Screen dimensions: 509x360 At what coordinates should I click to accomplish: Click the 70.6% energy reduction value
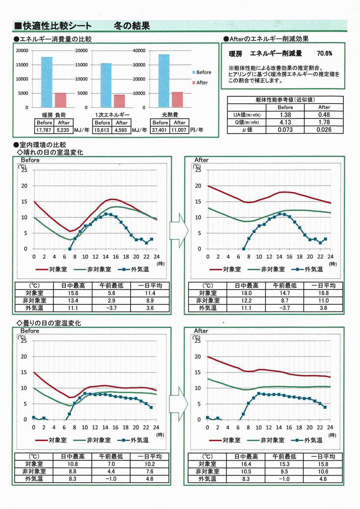pyautogui.click(x=324, y=54)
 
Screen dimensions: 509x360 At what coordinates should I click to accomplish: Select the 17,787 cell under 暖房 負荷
pyautogui.click(x=44, y=130)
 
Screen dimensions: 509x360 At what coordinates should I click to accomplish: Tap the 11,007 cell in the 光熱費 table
pyautogui.click(x=179, y=130)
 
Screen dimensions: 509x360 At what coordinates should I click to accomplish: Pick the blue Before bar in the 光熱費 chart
pyautogui.click(x=164, y=81)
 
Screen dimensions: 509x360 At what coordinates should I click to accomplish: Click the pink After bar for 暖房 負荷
pyautogui.click(x=60, y=100)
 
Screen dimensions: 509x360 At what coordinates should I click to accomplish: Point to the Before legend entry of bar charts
pyautogui.click(x=202, y=72)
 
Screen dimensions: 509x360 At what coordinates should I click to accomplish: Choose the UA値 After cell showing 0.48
pyautogui.click(x=324, y=115)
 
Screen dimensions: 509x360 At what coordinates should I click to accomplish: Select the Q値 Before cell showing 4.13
pyautogui.click(x=285, y=122)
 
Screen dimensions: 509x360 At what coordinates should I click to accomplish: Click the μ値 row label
pyautogui.click(x=247, y=130)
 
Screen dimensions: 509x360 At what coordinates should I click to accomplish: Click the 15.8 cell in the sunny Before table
pyautogui.click(x=73, y=293)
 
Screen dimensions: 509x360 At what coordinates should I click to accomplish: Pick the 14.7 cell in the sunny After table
pyautogui.click(x=285, y=293)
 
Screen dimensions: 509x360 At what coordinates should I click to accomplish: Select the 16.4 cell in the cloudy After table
pyautogui.click(x=246, y=464)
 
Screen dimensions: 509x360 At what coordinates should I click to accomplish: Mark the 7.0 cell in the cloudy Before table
pyautogui.click(x=111, y=464)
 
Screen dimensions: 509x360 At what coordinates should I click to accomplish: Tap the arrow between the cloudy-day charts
pyautogui.click(x=178, y=404)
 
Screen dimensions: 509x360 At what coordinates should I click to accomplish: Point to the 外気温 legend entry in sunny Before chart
pyautogui.click(x=133, y=269)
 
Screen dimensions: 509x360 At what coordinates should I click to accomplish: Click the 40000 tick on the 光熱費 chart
pyautogui.click(x=139, y=51)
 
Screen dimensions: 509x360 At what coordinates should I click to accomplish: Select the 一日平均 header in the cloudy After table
pyautogui.click(x=323, y=457)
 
